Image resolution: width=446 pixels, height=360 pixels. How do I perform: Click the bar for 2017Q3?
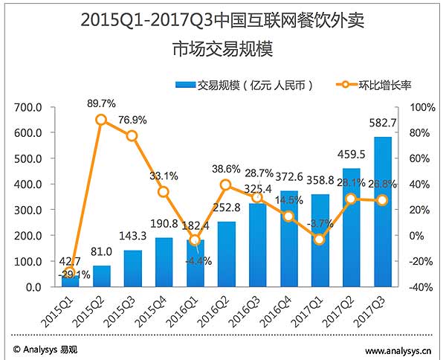tap(383, 212)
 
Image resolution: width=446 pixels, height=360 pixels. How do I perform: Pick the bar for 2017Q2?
tap(351, 228)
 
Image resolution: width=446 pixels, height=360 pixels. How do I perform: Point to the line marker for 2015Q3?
tap(132, 135)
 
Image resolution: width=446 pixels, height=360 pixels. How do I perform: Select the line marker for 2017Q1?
tap(320, 240)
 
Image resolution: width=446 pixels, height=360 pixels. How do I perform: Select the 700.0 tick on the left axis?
tap(28, 108)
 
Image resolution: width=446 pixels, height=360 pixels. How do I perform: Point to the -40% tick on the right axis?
tap(421, 287)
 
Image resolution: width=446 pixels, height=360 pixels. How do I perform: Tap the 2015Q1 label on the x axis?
tap(58, 311)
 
